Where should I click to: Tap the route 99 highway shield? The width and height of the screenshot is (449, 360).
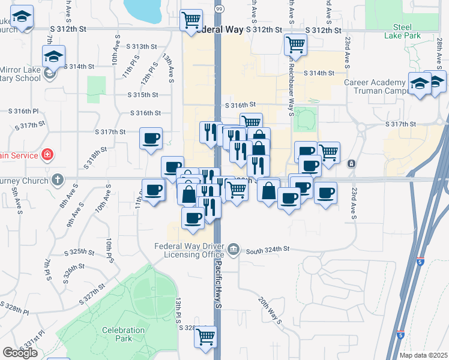219,10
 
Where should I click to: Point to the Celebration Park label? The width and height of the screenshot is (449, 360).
124,334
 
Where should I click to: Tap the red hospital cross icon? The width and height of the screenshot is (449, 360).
47,155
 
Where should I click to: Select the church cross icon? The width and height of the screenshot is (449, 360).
57,179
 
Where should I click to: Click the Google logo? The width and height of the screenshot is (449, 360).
20,353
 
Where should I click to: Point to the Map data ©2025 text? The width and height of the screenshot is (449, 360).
423,355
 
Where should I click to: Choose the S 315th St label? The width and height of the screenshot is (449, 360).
143,95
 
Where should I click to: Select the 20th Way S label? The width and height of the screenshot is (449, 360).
270,309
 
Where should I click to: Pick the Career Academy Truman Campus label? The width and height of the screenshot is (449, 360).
375,86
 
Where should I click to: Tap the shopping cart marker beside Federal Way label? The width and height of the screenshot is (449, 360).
191,20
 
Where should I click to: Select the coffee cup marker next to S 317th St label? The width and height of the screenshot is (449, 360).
151,138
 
